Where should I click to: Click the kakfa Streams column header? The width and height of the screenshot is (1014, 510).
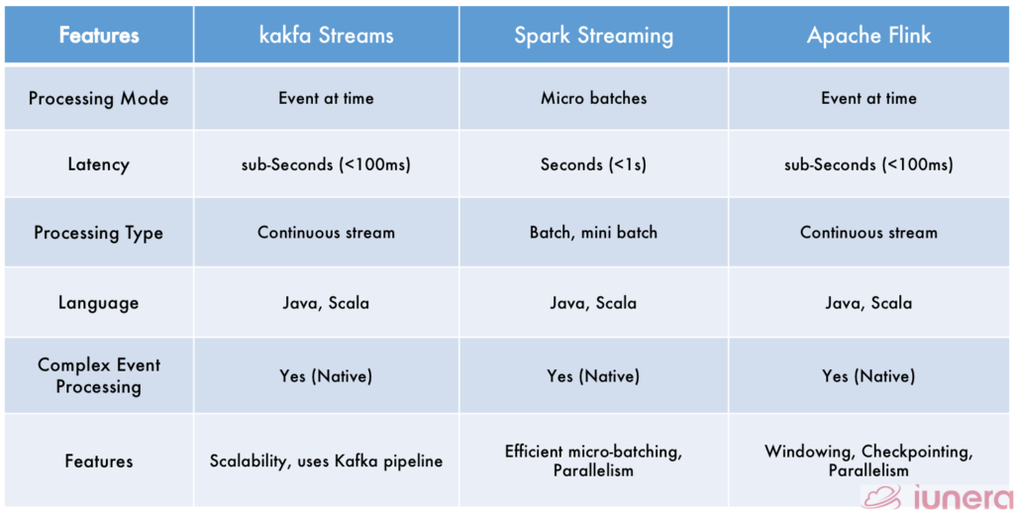pos(327,35)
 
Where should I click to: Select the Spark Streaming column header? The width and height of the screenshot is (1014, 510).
pos(594,36)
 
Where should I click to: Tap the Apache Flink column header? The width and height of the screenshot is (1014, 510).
pos(868,36)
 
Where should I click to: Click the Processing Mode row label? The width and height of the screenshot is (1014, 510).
pos(98,99)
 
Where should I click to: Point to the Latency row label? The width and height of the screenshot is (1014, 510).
pos(98,164)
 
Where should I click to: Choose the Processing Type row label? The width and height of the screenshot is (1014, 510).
pos(98,233)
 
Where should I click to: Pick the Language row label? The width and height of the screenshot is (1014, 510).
pos(98,302)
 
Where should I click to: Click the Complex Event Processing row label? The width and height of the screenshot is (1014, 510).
pos(98,375)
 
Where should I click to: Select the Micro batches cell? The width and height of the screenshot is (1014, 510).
pos(594,98)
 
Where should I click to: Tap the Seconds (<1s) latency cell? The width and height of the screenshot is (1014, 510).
pos(594,164)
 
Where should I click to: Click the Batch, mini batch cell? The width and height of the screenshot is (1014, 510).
pos(594,233)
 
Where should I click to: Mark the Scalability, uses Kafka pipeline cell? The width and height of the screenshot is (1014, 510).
pos(327,461)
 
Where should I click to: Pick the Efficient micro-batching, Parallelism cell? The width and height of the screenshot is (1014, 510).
pos(594,460)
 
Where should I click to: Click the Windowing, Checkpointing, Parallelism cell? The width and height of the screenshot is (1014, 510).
pos(868,460)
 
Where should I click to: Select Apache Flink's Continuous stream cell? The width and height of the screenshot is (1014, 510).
pos(868,233)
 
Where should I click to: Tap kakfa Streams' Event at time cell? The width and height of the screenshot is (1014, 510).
pos(327,98)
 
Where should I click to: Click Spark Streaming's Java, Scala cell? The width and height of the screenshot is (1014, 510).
pos(594,302)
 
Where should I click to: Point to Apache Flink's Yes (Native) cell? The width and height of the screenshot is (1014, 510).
pos(868,376)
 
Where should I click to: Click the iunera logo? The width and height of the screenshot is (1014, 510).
pos(937,497)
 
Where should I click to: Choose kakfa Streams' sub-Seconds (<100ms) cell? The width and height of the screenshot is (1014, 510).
pos(327,164)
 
